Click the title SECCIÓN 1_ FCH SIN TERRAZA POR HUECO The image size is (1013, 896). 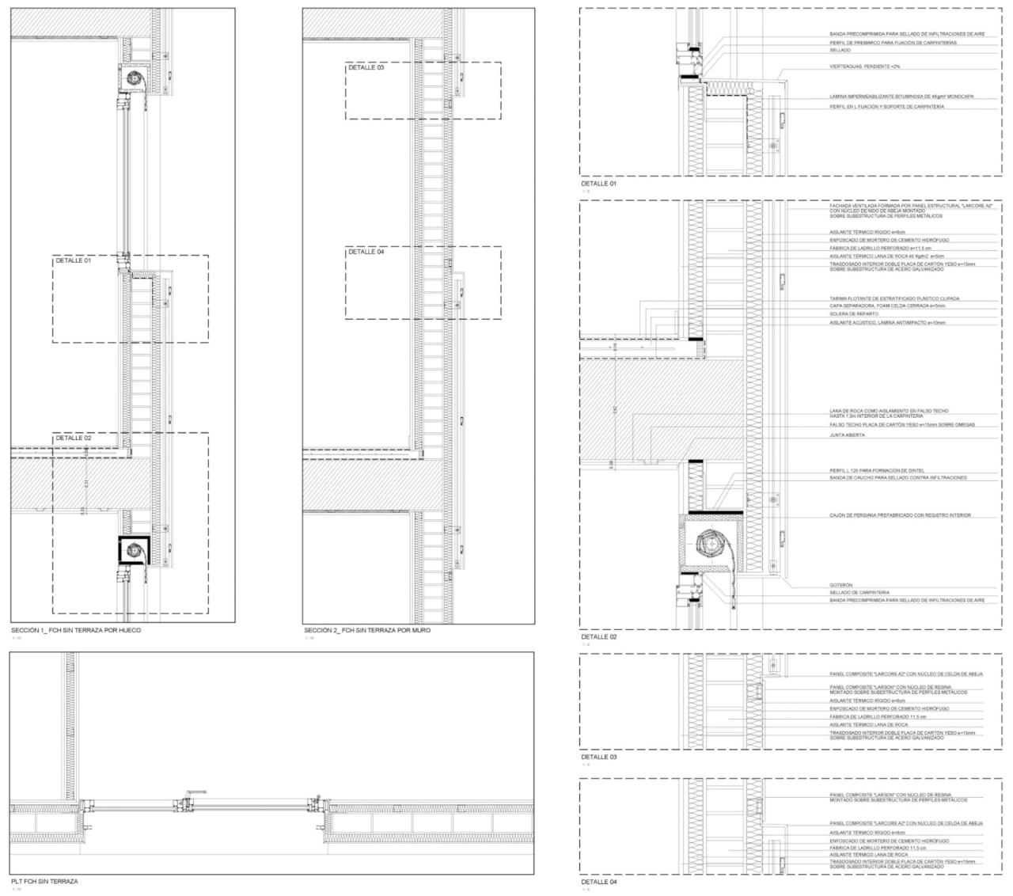point(76,631)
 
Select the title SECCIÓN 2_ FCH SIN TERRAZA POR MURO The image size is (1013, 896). point(368,631)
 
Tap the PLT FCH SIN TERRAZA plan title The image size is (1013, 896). point(44,880)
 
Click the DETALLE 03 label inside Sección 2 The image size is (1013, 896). point(366,68)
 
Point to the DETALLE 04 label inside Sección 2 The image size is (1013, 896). point(366,252)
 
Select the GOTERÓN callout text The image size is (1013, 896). point(841,585)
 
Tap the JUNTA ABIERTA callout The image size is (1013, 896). point(847,435)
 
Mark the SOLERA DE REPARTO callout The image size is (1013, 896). point(854,314)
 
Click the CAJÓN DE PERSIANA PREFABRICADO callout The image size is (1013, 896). point(900,515)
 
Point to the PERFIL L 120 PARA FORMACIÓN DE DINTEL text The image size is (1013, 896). point(877,470)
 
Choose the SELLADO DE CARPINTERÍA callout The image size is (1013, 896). point(859,593)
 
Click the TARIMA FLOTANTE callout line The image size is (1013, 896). point(894,298)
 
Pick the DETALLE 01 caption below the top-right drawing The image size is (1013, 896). point(598,184)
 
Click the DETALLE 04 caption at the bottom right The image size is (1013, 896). point(598,881)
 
